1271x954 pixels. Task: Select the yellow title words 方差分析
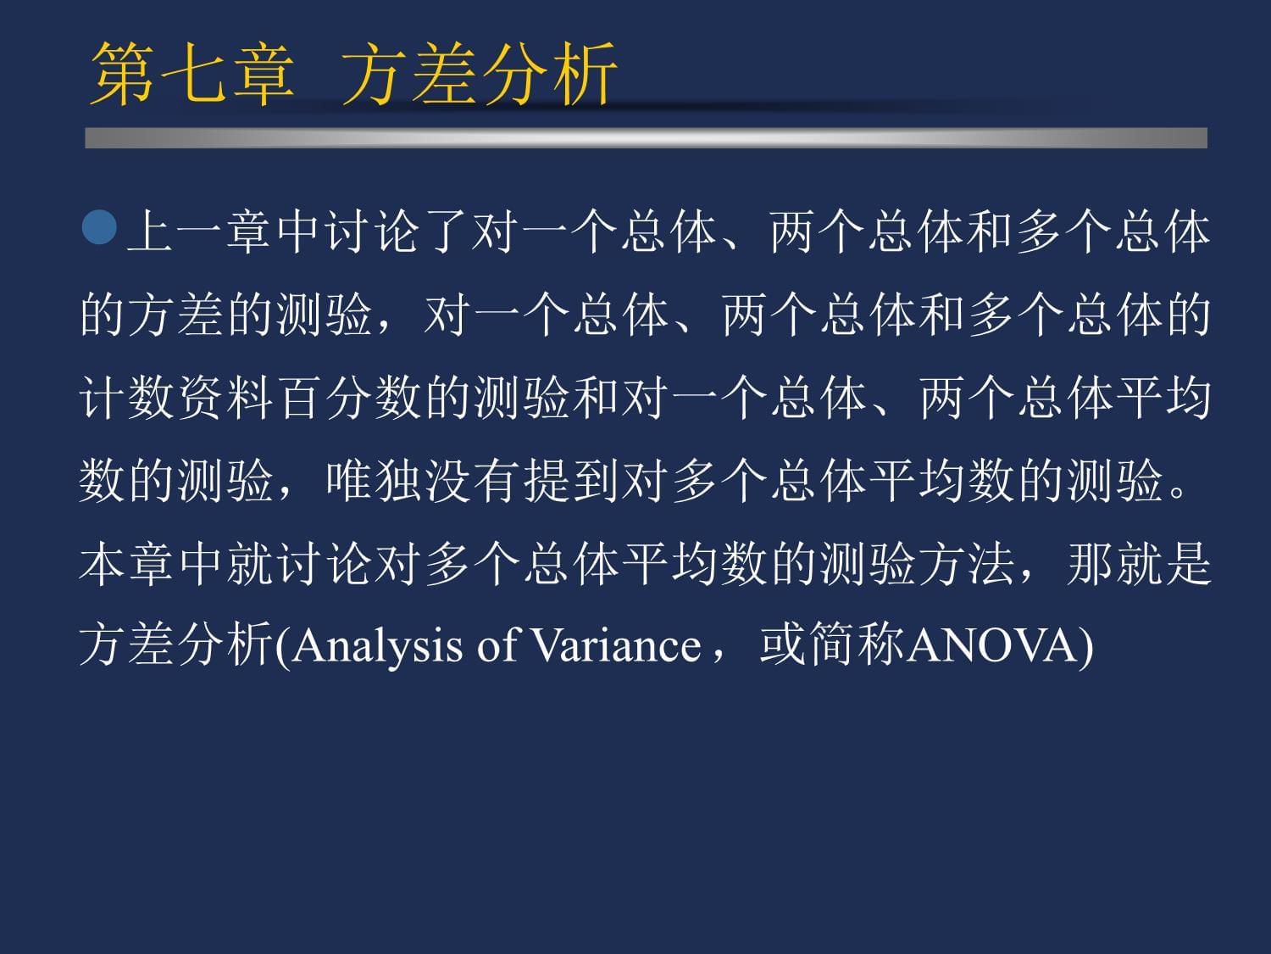pyautogui.click(x=479, y=74)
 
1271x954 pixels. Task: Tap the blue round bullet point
pyautogui.click(x=100, y=227)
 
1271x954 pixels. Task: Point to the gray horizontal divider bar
pyautogui.click(x=646, y=138)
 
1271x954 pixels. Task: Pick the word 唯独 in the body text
pyautogui.click(x=374, y=481)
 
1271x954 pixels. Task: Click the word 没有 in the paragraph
pyautogui.click(x=473, y=481)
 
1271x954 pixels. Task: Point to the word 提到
pyautogui.click(x=571, y=481)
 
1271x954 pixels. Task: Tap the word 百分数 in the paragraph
pyautogui.click(x=348, y=398)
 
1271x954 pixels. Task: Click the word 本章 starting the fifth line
pyautogui.click(x=125, y=564)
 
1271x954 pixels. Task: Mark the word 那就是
pyautogui.click(x=1140, y=564)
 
